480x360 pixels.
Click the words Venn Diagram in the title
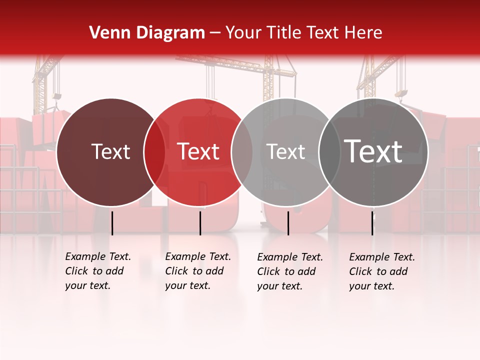click(x=147, y=33)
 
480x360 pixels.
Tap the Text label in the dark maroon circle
click(x=110, y=151)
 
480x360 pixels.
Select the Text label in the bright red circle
click(x=198, y=151)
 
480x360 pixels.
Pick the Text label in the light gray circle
click(x=286, y=151)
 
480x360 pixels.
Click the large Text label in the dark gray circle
click(x=373, y=151)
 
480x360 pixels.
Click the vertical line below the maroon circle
click(x=112, y=223)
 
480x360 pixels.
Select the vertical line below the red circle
click(x=200, y=223)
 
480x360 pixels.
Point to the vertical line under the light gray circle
click(x=288, y=223)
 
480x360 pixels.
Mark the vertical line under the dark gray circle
click(x=372, y=223)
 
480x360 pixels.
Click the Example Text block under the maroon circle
click(x=98, y=271)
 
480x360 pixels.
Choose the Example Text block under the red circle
click(x=198, y=271)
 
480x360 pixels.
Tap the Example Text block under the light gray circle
click(x=290, y=271)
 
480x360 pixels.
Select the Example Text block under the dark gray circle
click(x=382, y=271)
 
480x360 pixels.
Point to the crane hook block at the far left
click(x=57, y=96)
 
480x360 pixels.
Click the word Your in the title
click(x=242, y=33)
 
